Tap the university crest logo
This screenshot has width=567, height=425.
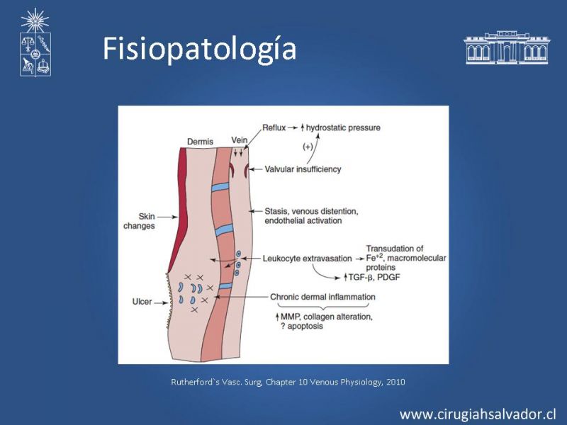pyautogui.click(x=35, y=42)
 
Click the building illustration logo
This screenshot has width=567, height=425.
pyautogui.click(x=507, y=47)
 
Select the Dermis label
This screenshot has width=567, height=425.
pyautogui.click(x=200, y=142)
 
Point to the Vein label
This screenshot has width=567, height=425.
pyautogui.click(x=240, y=140)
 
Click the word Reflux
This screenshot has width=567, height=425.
pyautogui.click(x=274, y=127)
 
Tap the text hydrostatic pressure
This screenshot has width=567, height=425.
pyautogui.click(x=343, y=128)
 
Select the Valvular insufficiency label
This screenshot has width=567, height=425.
pyautogui.click(x=303, y=169)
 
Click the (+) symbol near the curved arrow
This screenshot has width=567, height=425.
pyautogui.click(x=308, y=147)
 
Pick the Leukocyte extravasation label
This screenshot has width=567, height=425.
pyautogui.click(x=307, y=259)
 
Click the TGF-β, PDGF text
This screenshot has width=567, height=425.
pyautogui.click(x=374, y=277)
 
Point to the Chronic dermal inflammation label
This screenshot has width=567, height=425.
pyautogui.click(x=323, y=297)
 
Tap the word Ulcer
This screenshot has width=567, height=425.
pyautogui.click(x=142, y=302)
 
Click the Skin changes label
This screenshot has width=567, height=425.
pyautogui.click(x=139, y=221)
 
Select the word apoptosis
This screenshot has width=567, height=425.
pyautogui.click(x=305, y=327)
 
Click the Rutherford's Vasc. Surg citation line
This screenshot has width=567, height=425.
pyautogui.click(x=288, y=382)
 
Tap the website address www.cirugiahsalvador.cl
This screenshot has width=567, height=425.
pyautogui.click(x=478, y=414)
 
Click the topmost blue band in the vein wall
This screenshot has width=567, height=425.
pyautogui.click(x=220, y=187)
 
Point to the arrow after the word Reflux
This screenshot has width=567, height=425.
pyautogui.click(x=293, y=128)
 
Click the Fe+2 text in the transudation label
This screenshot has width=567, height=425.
pyautogui.click(x=374, y=258)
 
